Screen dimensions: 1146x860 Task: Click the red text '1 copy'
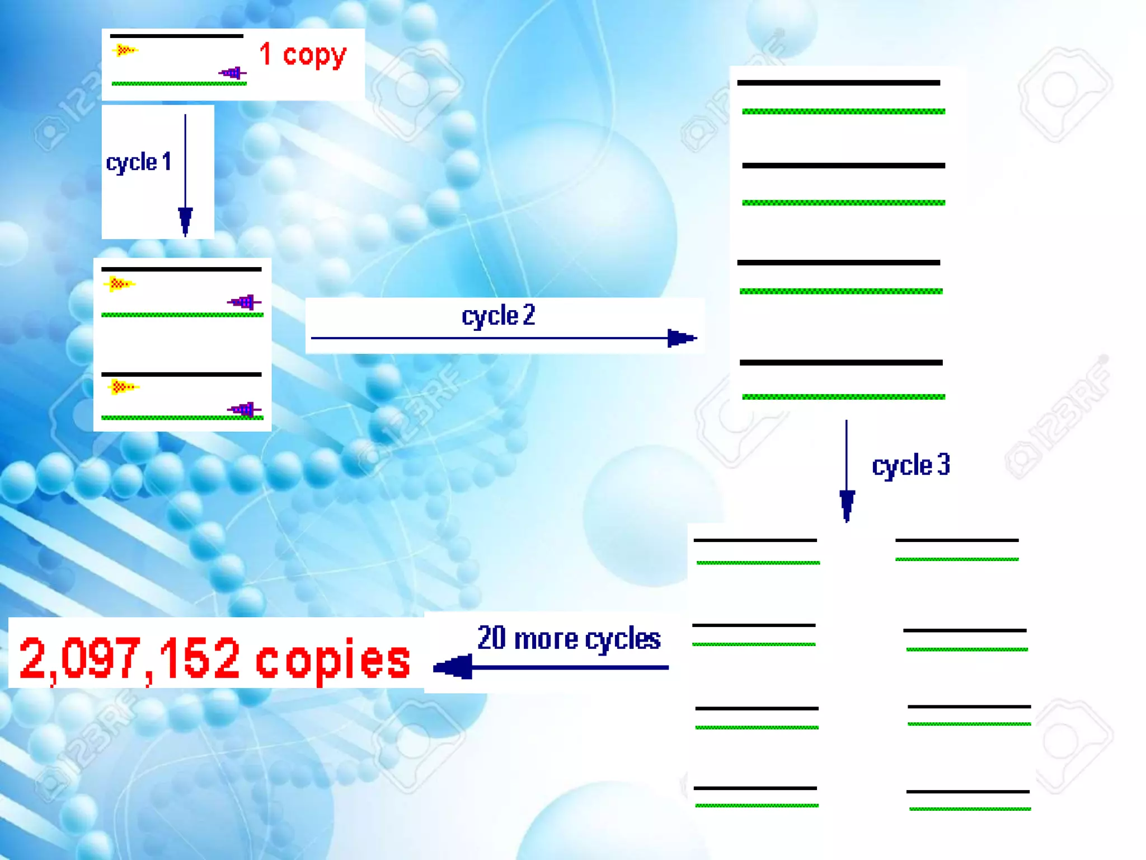[x=303, y=55]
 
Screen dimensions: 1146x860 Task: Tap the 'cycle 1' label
[x=138, y=162]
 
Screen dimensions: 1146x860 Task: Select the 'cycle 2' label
[x=498, y=316]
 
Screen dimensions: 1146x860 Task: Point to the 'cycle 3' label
[x=911, y=465]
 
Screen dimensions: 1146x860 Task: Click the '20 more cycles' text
[x=569, y=638]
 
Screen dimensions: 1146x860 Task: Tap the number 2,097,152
[x=130, y=658]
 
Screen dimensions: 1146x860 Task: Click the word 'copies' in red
[x=333, y=660]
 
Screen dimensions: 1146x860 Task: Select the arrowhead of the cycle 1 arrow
[x=185, y=219]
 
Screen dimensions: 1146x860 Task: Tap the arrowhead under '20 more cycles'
[x=453, y=667]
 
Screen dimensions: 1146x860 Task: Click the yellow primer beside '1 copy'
[x=124, y=51]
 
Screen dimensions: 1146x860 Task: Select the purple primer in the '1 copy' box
[x=232, y=73]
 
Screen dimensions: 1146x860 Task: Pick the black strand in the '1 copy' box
[x=176, y=36]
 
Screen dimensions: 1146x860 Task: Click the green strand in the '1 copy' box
[x=179, y=84]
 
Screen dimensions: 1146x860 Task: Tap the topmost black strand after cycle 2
[x=838, y=83]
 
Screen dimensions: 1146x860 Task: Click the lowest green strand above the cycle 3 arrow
[x=843, y=397]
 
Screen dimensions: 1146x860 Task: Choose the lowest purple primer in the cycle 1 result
[x=244, y=410]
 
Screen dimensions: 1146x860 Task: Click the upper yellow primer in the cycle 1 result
[x=119, y=284]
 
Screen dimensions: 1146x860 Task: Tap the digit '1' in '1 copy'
[x=265, y=54]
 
